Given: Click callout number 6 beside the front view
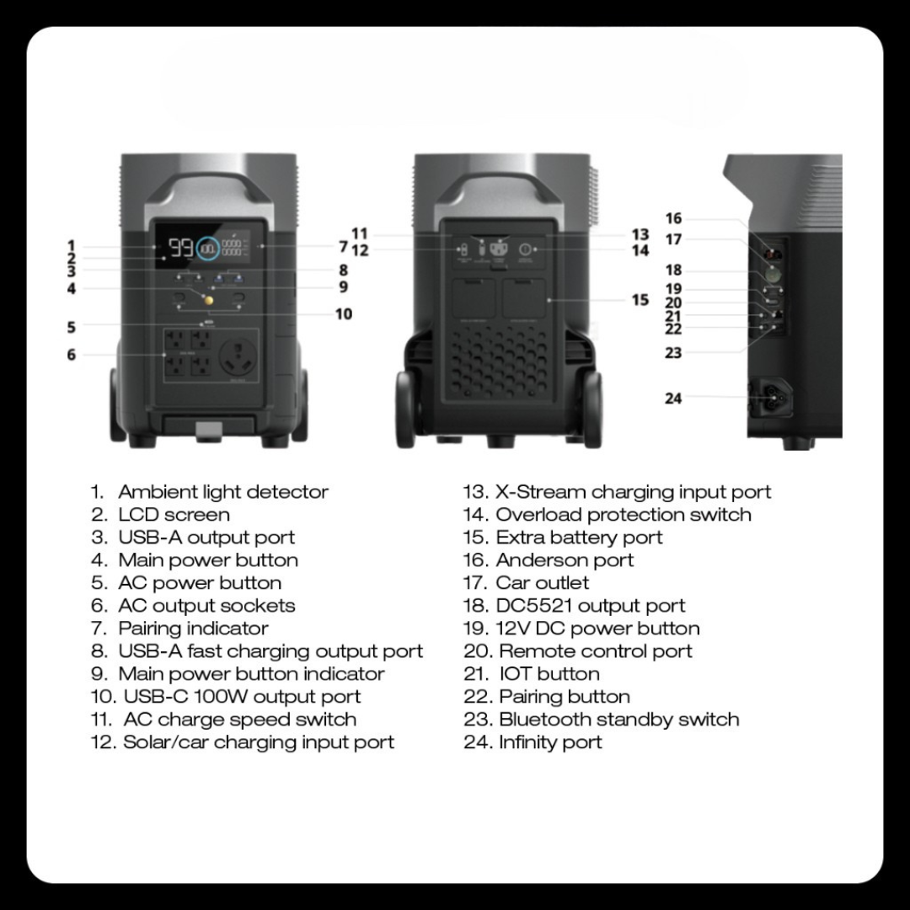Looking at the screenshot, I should [72, 356].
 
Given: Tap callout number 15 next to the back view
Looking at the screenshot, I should [640, 300].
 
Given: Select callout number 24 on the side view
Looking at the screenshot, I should [672, 398].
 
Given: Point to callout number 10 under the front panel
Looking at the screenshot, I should [344, 314].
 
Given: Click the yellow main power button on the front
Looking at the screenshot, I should [208, 300].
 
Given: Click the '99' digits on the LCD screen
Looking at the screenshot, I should [180, 249].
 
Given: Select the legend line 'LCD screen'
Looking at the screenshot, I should [174, 515].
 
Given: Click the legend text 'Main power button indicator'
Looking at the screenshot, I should [251, 674].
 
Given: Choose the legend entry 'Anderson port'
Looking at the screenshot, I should [565, 560].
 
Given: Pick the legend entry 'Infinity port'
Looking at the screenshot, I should [550, 742].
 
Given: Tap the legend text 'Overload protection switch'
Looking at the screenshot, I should [624, 515].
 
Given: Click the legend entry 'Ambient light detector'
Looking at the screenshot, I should [223, 492].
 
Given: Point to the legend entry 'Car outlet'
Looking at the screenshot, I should [543, 583].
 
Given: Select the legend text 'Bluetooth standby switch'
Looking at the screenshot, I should [619, 720].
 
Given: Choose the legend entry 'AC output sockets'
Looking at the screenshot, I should [206, 606].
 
